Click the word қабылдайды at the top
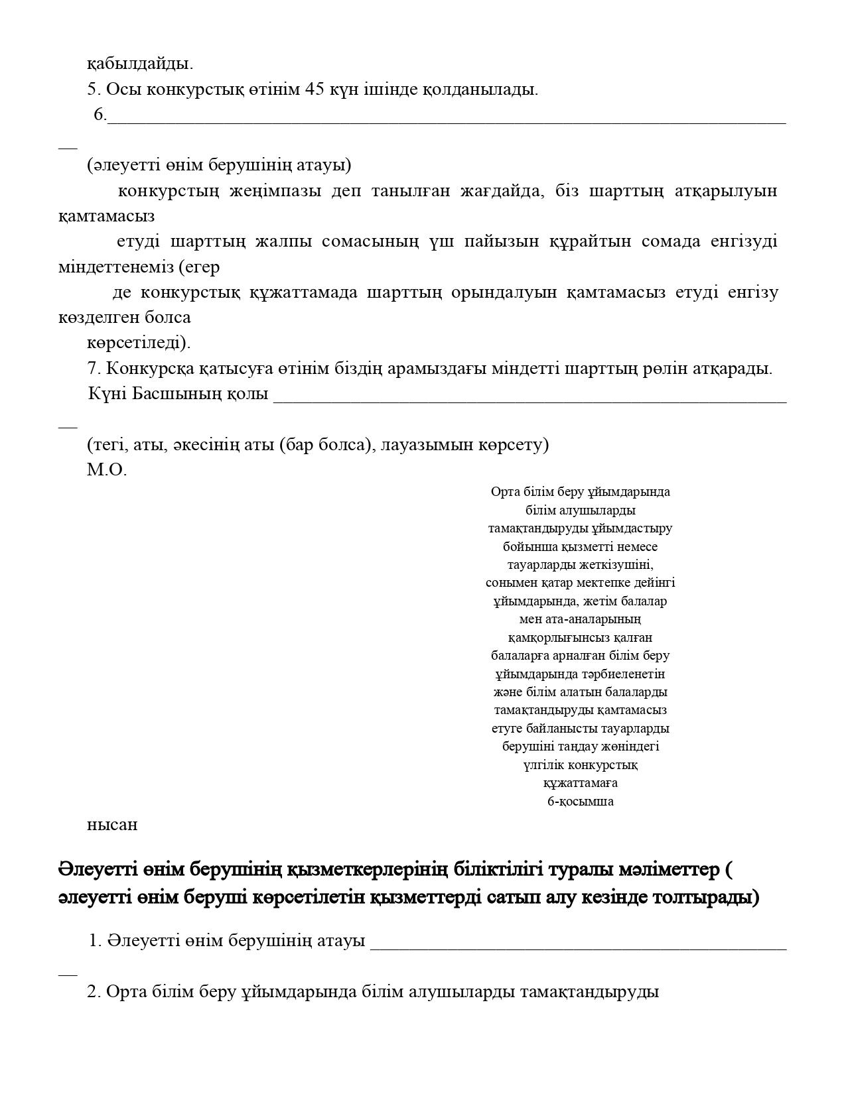139,64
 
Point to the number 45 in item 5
313,90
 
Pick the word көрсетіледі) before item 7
139,343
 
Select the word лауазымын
432,445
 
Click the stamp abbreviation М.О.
107,471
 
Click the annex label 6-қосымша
580,802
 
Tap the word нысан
112,825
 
